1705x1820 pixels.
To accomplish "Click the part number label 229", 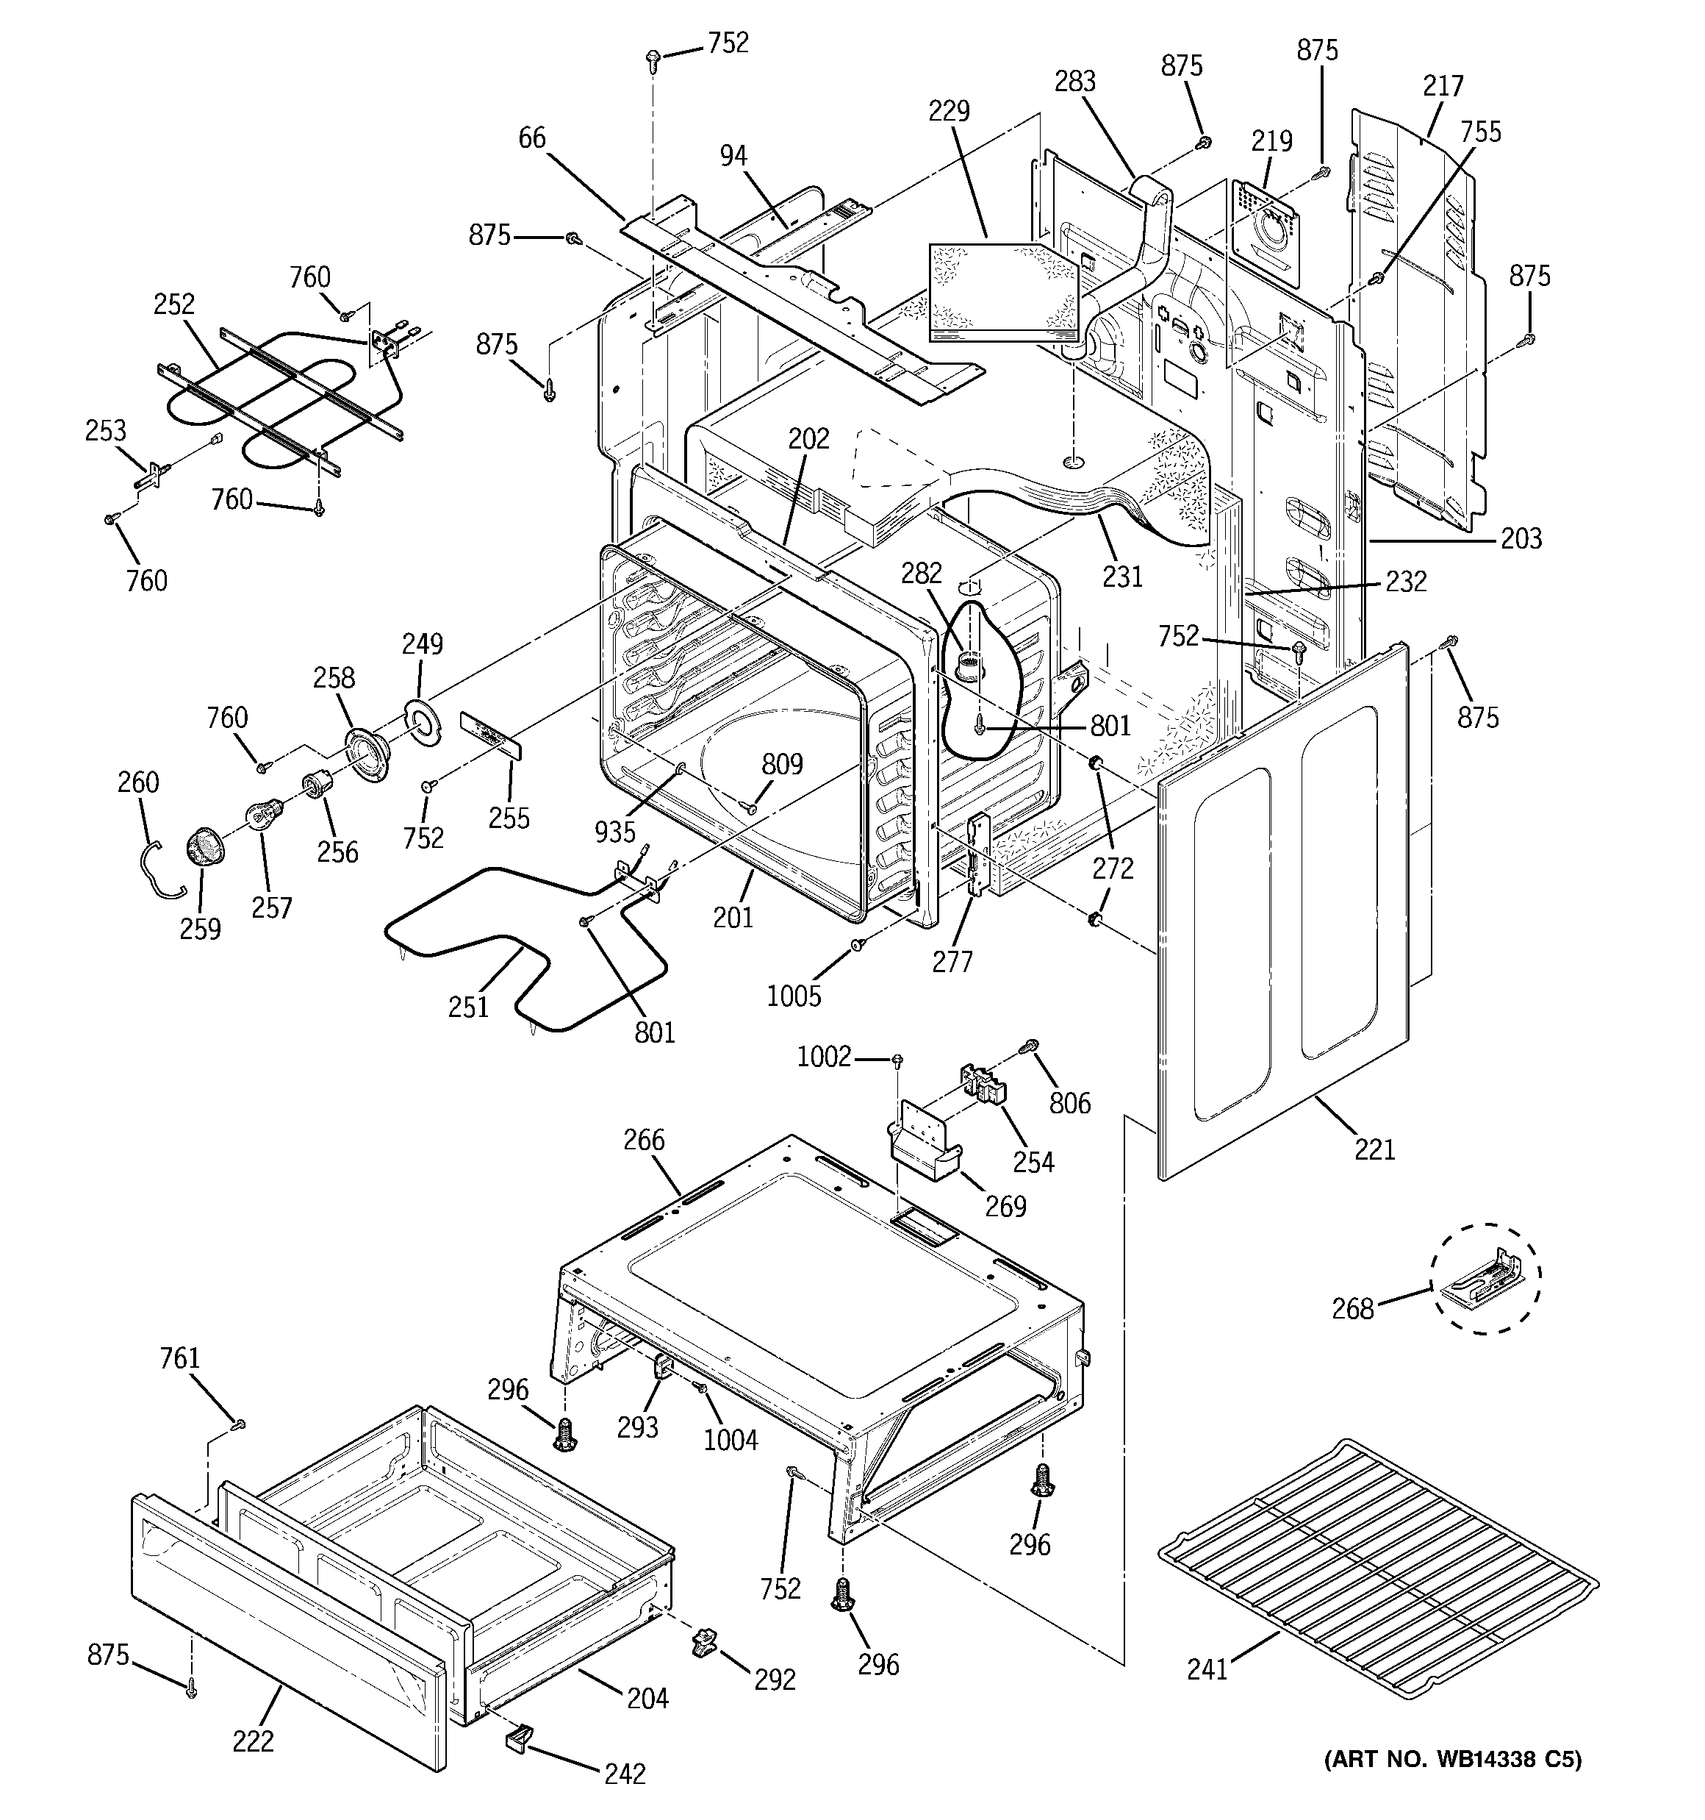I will pos(948,111).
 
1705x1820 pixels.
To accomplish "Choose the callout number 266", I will pos(645,1140).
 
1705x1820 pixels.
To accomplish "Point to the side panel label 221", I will pos(1374,1148).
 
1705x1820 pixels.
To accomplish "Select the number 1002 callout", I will pos(824,1057).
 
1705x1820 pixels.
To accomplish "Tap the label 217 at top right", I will pos(1443,86).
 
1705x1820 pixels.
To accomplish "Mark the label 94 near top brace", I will pos(732,156).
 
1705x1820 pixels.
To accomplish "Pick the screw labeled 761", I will pos(239,1424).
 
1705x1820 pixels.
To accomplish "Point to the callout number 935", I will pos(614,831).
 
